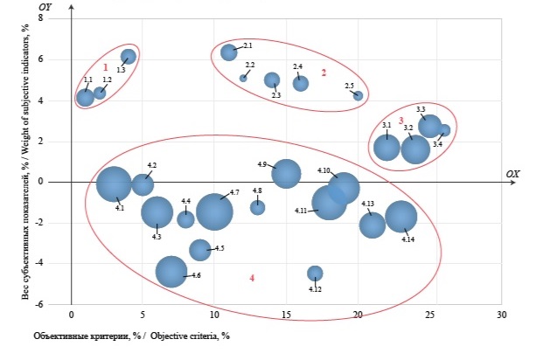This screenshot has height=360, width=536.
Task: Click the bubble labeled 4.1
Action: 114,183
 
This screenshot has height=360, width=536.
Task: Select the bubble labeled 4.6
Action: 171,271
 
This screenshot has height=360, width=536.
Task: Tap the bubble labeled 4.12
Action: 315,273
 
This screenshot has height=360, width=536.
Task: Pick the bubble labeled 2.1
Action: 229,52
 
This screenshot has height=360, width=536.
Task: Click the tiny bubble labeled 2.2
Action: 243,78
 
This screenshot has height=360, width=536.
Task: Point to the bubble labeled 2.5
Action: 358,95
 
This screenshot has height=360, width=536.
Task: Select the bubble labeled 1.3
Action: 129,57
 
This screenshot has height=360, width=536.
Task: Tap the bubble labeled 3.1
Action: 387,147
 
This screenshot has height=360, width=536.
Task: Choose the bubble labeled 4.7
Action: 214,210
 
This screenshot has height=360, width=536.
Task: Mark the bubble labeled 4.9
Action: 286,173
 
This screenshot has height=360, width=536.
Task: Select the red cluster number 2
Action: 324,73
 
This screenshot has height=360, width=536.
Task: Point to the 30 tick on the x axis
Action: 501,313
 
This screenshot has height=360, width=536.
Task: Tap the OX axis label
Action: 512,175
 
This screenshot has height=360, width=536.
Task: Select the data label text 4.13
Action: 367,204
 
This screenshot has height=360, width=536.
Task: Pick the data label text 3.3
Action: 421,109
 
